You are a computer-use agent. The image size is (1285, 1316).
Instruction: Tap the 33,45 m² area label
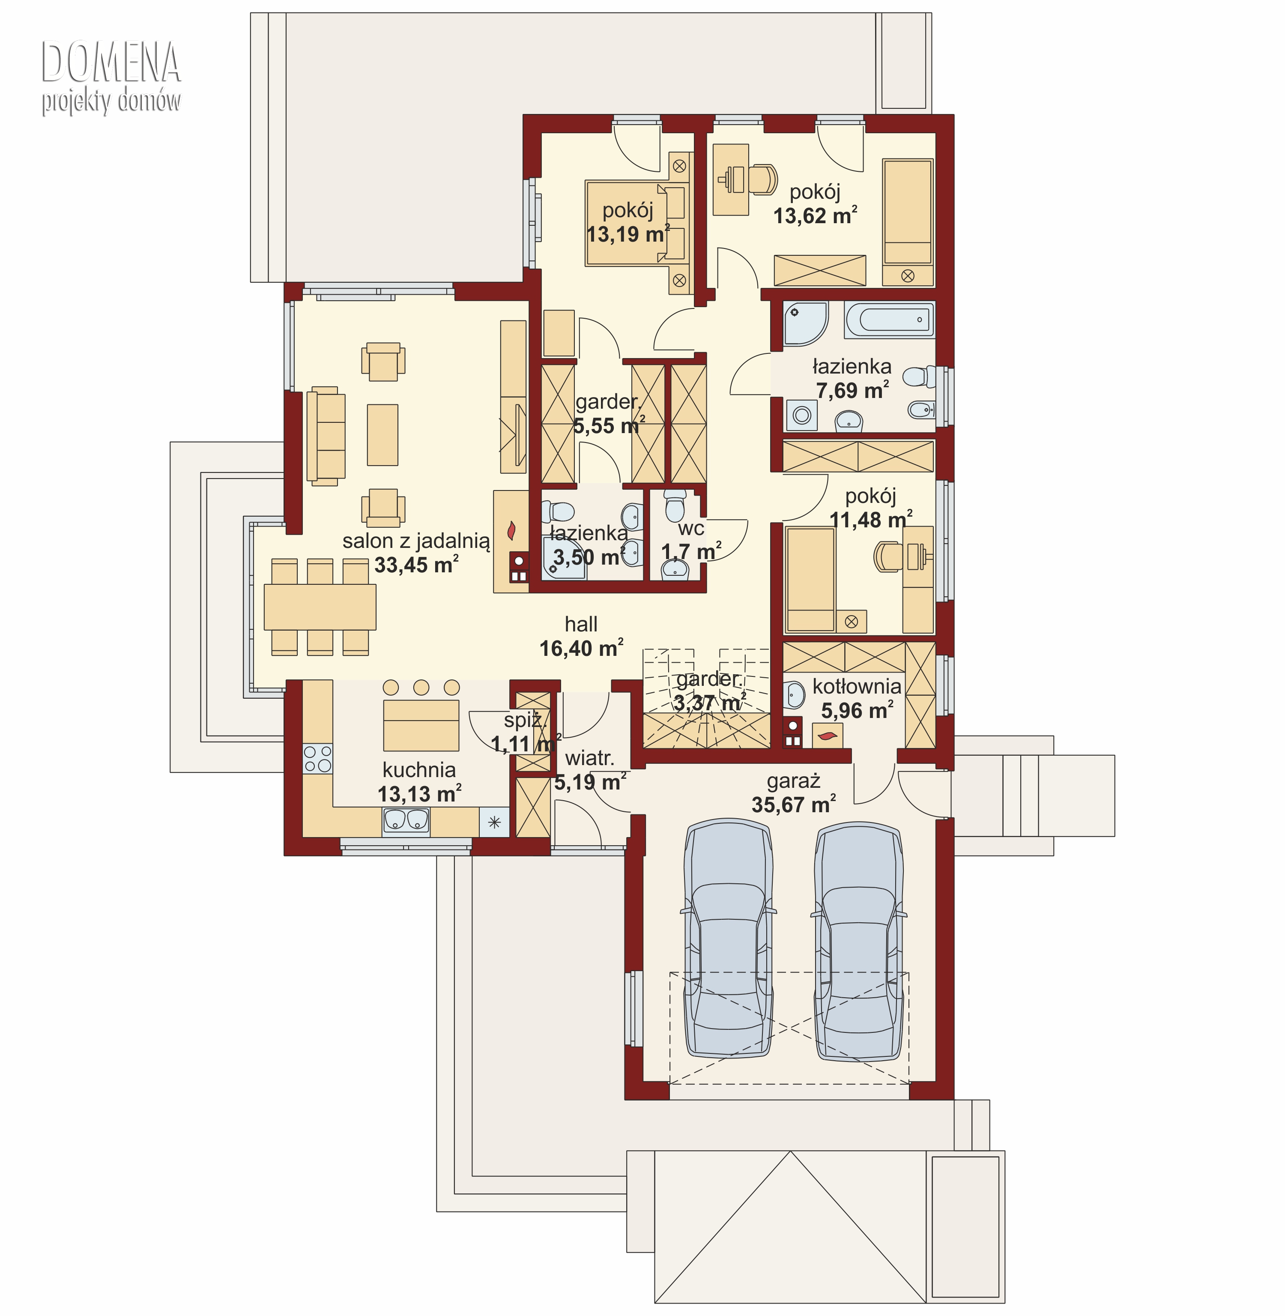[x=416, y=564]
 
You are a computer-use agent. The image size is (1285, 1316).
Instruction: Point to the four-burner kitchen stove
[x=317, y=759]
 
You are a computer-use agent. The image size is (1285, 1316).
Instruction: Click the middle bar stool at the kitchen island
[x=421, y=688]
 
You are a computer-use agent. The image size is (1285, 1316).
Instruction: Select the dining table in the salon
[x=320, y=607]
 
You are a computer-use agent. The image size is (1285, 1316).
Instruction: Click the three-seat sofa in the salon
[x=326, y=436]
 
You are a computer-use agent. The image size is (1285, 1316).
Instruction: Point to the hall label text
[x=581, y=624]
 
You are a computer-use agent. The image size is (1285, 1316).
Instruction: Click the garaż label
[x=794, y=781]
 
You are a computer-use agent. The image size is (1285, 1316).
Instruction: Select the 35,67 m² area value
[x=794, y=805]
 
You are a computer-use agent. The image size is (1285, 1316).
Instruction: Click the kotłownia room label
[x=857, y=686]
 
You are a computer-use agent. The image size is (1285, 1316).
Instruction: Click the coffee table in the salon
[x=383, y=435]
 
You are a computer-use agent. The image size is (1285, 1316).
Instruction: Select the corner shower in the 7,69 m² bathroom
[x=804, y=323]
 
